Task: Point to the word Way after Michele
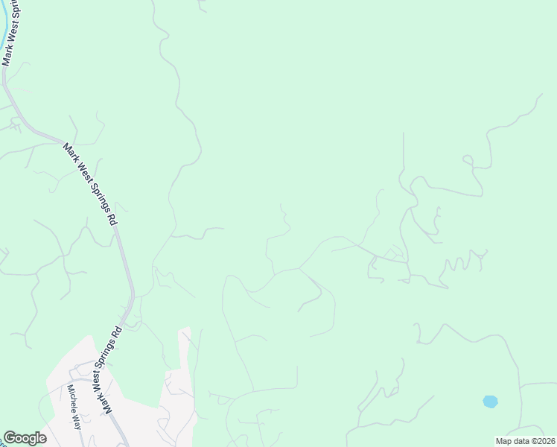(x=77, y=420)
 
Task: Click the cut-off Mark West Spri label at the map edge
(x=13, y=34)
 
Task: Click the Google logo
(x=25, y=438)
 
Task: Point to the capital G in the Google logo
(x=10, y=437)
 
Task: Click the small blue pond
(x=490, y=402)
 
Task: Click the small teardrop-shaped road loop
(x=468, y=160)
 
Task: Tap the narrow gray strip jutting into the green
(x=184, y=350)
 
